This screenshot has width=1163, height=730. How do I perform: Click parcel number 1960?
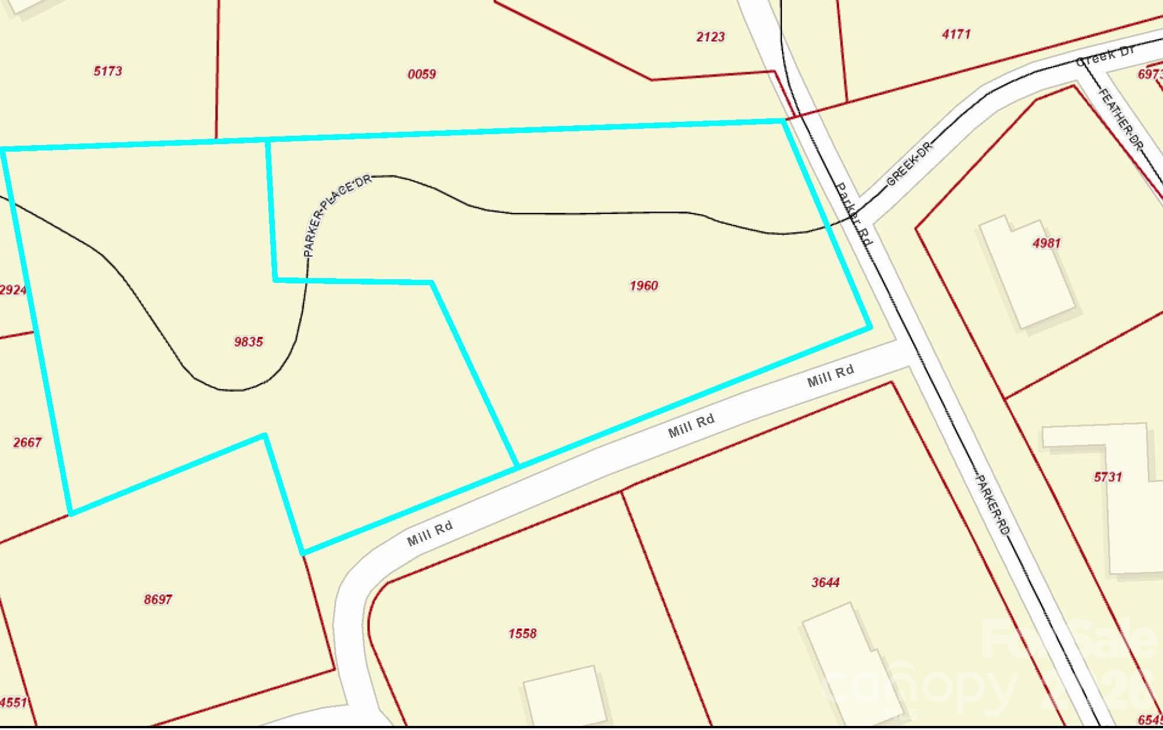(644, 286)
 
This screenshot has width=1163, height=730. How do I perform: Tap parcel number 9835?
(249, 342)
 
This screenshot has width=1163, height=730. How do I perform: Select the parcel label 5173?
(108, 71)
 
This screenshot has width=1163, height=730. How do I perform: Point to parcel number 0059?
(422, 74)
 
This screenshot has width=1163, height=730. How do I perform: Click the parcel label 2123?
(711, 37)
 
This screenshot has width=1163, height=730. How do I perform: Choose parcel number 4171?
(956, 34)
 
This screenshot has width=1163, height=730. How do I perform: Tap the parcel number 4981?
(1046, 243)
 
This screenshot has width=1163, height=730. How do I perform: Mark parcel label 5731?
(1108, 477)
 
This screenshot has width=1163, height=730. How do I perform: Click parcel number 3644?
(826, 582)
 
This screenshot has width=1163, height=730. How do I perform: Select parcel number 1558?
(522, 633)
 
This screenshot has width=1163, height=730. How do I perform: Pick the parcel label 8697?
(158, 599)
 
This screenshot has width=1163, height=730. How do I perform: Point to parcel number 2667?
(27, 443)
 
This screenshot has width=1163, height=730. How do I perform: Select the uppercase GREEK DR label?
(910, 163)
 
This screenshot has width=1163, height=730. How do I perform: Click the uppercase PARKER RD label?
(993, 507)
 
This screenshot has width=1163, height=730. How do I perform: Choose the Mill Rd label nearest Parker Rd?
(830, 375)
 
